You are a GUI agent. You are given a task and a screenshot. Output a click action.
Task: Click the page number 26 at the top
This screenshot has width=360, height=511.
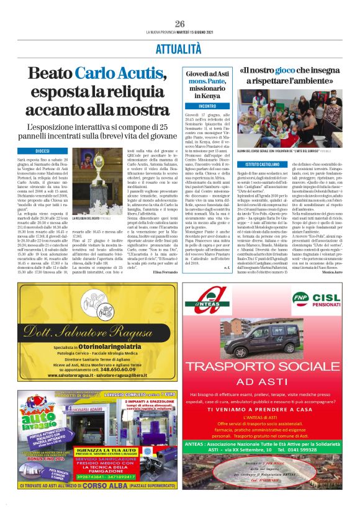coord(180,24)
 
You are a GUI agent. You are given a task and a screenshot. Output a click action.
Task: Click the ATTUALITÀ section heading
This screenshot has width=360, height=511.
coord(180,48)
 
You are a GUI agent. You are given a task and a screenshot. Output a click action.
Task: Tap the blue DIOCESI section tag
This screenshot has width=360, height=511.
coord(43,151)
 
